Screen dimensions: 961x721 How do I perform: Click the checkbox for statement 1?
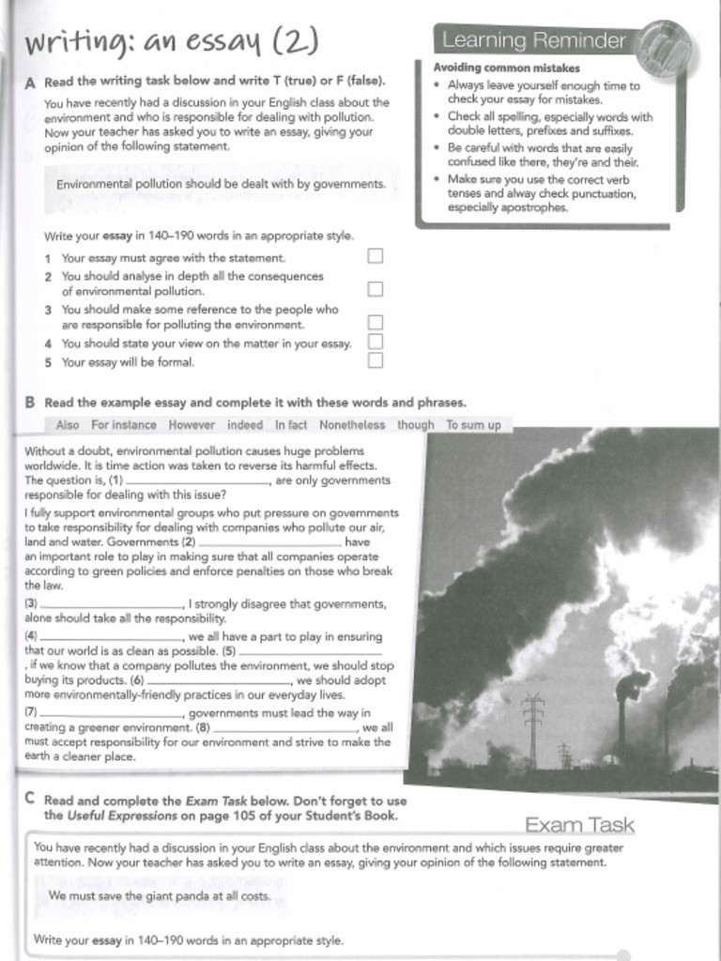pyautogui.click(x=375, y=255)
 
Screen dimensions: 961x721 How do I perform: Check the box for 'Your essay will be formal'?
pyautogui.click(x=375, y=360)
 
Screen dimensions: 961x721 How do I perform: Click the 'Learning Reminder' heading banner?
pyautogui.click(x=533, y=40)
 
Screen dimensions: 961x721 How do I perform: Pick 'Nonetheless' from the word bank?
pyautogui.click(x=352, y=425)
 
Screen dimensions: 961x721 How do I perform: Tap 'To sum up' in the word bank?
pyautogui.click(x=473, y=425)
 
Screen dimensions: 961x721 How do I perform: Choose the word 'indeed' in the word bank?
pyautogui.click(x=245, y=425)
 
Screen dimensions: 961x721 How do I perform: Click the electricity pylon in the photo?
pyautogui.click(x=532, y=727)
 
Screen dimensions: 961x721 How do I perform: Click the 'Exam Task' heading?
pyautogui.click(x=579, y=826)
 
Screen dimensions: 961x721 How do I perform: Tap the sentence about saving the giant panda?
pyautogui.click(x=160, y=896)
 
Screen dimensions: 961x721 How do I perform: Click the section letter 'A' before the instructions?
pyautogui.click(x=30, y=83)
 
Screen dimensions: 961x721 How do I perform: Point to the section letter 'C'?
pyautogui.click(x=30, y=799)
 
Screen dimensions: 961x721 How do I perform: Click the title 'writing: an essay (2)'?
pyautogui.click(x=172, y=42)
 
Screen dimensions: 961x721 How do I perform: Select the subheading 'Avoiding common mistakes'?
pyautogui.click(x=506, y=68)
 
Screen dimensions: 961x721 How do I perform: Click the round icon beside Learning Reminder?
pyautogui.click(x=664, y=47)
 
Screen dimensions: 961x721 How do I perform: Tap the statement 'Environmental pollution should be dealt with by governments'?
pyautogui.click(x=222, y=184)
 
